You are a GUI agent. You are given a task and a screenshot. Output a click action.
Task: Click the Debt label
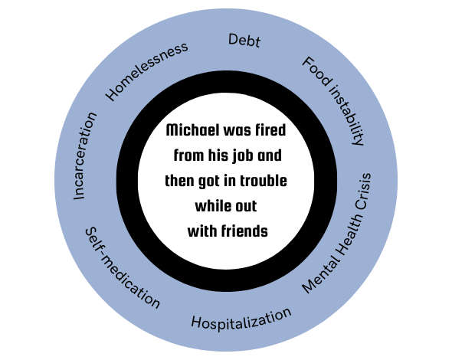pyautogui.click(x=244, y=40)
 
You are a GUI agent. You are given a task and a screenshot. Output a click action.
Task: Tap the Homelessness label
pyautogui.click(x=146, y=71)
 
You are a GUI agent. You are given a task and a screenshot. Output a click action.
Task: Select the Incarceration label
pyautogui.click(x=85, y=156)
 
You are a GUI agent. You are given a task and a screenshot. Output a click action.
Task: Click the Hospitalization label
pyautogui.click(x=241, y=319)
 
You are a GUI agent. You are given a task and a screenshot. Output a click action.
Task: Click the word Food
pyautogui.click(x=316, y=71)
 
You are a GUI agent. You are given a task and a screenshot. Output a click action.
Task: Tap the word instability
pyautogui.click(x=347, y=115)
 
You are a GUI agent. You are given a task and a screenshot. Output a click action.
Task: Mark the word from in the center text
pyautogui.click(x=188, y=155)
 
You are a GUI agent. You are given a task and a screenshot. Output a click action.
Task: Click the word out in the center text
pyautogui.click(x=244, y=207)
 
